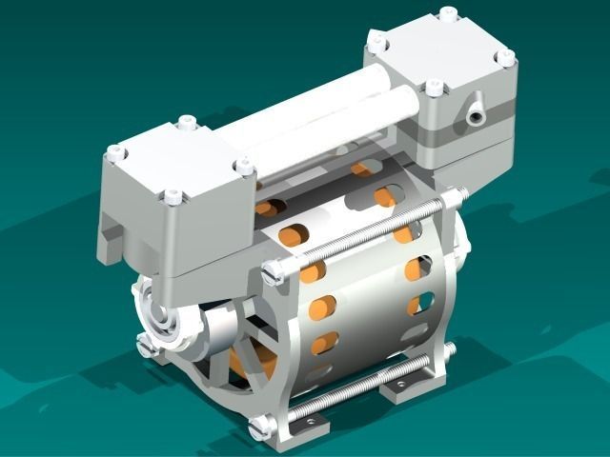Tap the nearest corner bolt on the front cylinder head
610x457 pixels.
coord(173,197)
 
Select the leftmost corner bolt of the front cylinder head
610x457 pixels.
coord(114,151)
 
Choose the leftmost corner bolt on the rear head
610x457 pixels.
coord(376,40)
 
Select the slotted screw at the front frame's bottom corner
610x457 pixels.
coord(254,428)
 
